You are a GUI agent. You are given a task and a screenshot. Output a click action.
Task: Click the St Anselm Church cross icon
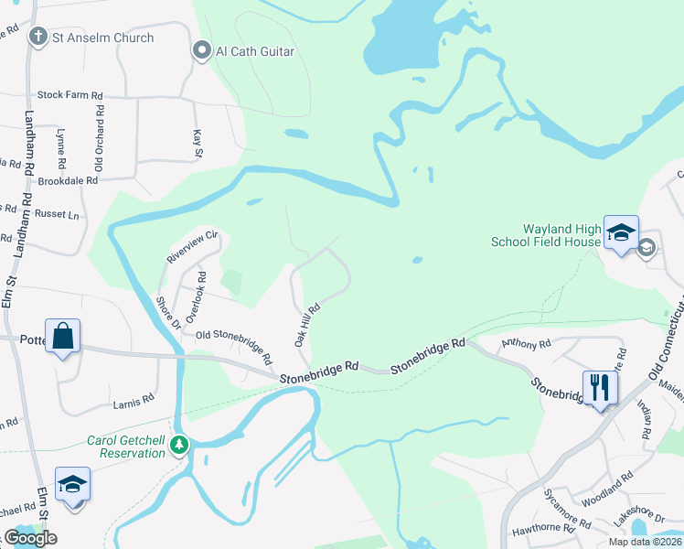[37, 38]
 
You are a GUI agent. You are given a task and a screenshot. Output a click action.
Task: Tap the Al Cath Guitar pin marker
[201, 51]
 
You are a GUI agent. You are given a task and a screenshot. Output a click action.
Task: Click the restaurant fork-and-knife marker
[600, 386]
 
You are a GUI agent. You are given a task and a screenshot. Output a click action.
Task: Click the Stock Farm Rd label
[69, 94]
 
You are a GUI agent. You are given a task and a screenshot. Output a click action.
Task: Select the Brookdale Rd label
[68, 180]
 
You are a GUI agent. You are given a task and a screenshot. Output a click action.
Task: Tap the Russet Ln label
[56, 215]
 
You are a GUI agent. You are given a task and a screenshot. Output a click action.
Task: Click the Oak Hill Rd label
[305, 325]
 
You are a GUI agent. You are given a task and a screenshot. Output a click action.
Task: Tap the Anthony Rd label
[526, 344]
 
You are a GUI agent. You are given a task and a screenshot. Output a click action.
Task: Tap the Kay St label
[198, 144]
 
